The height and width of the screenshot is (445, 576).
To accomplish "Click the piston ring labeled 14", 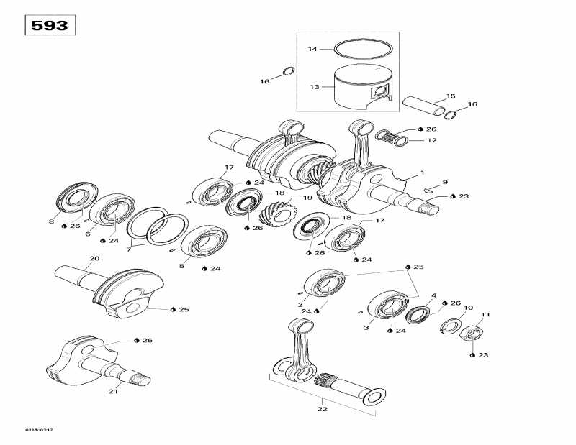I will point(365,50).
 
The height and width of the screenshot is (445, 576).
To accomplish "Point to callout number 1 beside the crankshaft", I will point(423,173).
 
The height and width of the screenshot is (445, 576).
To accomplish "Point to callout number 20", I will point(94,258).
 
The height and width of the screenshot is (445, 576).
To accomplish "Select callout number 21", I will point(112,391).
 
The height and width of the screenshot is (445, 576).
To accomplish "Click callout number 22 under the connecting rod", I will point(322,409).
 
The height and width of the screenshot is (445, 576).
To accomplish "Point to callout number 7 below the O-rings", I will point(130,249).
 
